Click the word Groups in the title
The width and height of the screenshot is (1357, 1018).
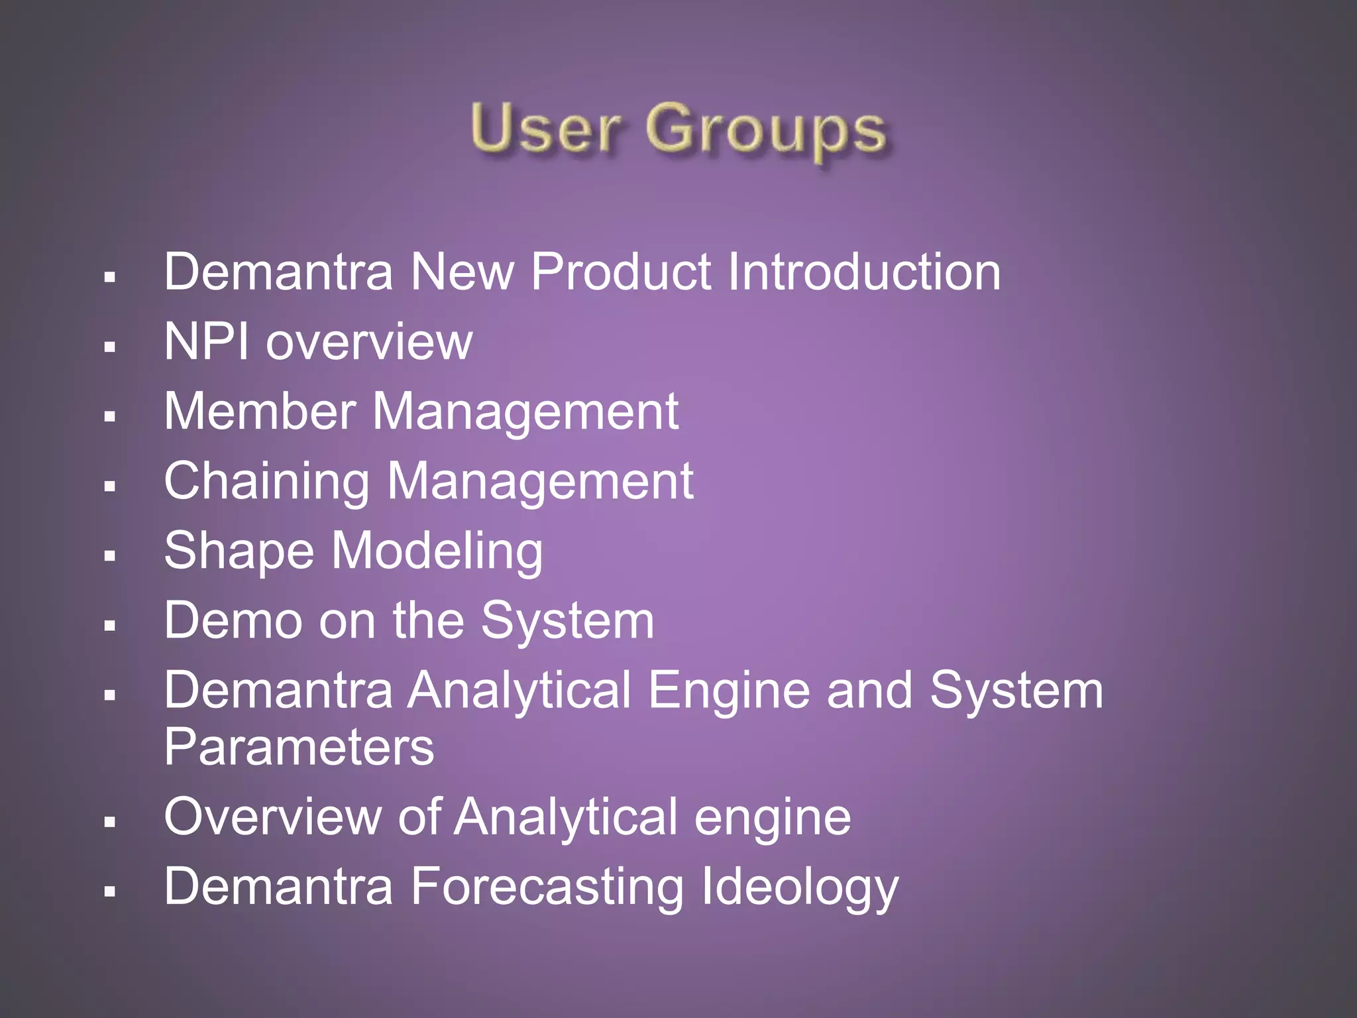[x=765, y=131]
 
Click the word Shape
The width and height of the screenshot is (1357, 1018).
[x=239, y=551]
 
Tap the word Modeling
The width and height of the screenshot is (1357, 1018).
[x=437, y=551]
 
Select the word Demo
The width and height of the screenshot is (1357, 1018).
[x=232, y=620]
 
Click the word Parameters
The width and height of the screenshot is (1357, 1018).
[x=299, y=747]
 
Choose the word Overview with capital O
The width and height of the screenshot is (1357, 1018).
[x=272, y=817]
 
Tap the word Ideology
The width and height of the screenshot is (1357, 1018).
[x=799, y=887]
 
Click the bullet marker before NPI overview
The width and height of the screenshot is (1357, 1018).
[x=110, y=346]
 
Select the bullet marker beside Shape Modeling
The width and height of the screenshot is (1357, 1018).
[x=110, y=555]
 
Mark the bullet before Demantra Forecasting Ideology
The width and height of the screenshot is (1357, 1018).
[x=110, y=891]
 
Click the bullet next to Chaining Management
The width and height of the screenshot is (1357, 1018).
[x=110, y=486]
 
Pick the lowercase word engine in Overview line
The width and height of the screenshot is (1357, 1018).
[x=772, y=819]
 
